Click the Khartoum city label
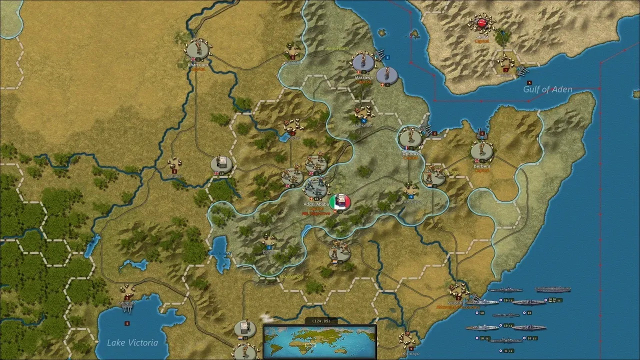point(197,65)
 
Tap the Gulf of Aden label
point(547,89)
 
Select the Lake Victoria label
point(132,342)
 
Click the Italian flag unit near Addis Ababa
point(340,202)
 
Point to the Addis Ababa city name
point(316,204)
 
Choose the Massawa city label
point(363,78)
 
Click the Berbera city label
point(482,166)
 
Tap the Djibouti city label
point(410,153)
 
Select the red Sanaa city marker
point(482,22)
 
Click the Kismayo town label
point(411,353)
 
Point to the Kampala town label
point(126,303)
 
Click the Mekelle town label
point(363,125)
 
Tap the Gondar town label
point(293,138)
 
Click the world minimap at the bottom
point(320,341)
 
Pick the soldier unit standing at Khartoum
point(197,48)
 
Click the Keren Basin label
point(337,49)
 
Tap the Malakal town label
point(174,176)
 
